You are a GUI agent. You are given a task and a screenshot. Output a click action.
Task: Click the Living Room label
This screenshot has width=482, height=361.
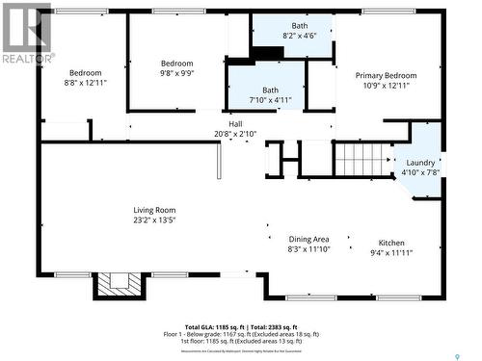154,209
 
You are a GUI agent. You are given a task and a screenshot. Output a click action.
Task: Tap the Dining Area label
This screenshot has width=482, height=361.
308,239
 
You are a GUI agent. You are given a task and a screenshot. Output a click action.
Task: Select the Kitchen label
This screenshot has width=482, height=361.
391,243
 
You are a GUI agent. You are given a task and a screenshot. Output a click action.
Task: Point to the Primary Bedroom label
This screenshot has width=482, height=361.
386,75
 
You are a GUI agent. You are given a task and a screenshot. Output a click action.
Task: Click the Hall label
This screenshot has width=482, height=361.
235,124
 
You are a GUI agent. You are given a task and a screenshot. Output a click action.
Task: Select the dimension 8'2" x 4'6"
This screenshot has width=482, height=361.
292,36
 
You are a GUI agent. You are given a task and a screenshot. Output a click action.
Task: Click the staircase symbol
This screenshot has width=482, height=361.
363,159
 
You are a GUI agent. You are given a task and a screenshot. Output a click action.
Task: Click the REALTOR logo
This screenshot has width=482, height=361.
27,35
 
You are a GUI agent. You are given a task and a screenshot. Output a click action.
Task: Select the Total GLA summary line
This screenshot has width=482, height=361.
242,327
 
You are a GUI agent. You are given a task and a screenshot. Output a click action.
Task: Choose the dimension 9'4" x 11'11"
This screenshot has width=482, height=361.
391,253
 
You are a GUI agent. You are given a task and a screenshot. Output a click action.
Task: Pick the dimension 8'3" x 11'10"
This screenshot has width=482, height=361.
308,249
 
